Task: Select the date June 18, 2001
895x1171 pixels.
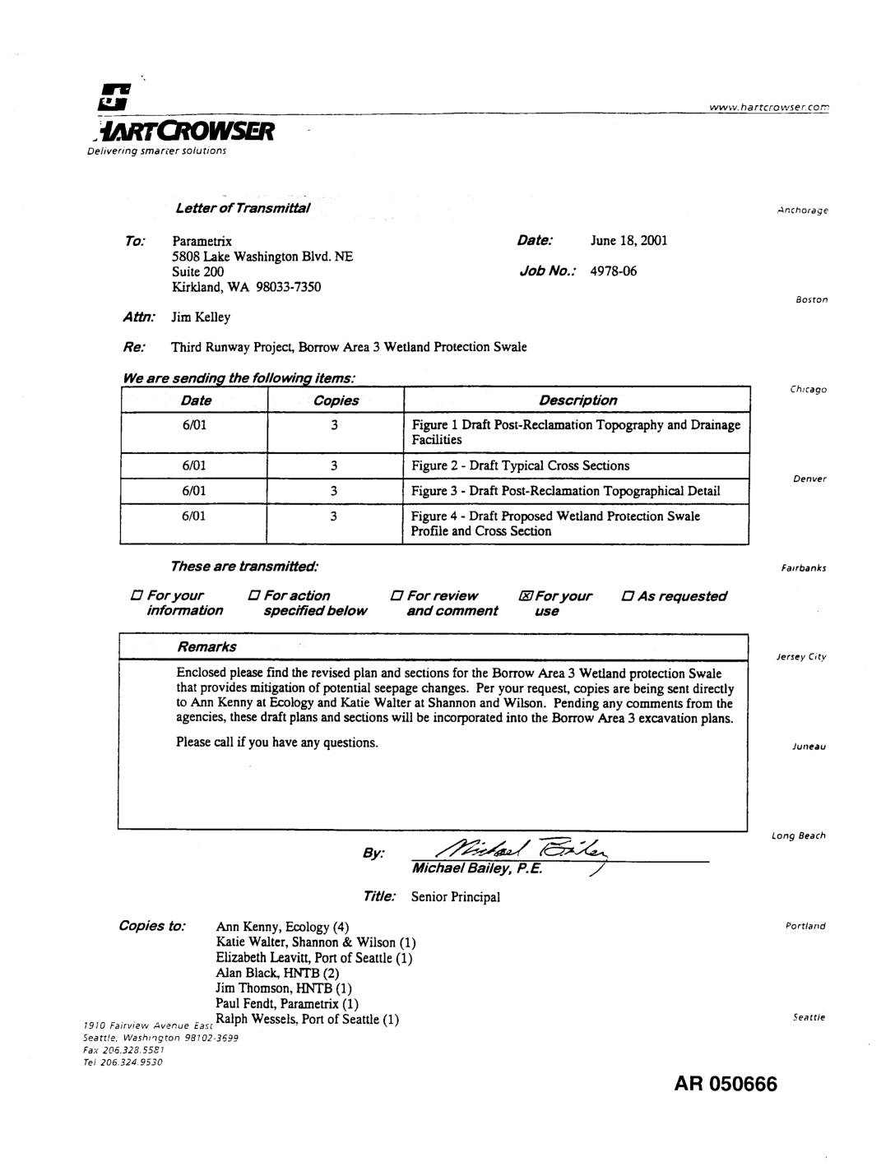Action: point(628,241)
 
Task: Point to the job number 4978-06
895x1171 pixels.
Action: point(613,271)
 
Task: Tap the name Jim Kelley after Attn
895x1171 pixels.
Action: point(201,317)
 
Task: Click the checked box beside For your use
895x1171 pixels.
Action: point(525,596)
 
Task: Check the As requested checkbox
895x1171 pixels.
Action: point(628,597)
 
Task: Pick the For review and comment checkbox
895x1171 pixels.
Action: point(396,596)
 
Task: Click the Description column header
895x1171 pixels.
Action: point(577,400)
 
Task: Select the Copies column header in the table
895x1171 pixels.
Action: point(336,400)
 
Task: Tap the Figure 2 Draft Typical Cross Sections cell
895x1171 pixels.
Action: point(520,466)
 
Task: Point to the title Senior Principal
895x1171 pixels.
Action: point(455,897)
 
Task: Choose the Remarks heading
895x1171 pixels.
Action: point(206,647)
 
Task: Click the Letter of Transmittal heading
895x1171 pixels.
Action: point(243,208)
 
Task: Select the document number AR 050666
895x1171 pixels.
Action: point(725,1084)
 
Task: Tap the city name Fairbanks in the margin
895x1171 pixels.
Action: point(803,568)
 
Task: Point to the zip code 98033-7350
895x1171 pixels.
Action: point(288,287)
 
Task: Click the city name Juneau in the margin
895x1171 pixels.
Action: point(809,747)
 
